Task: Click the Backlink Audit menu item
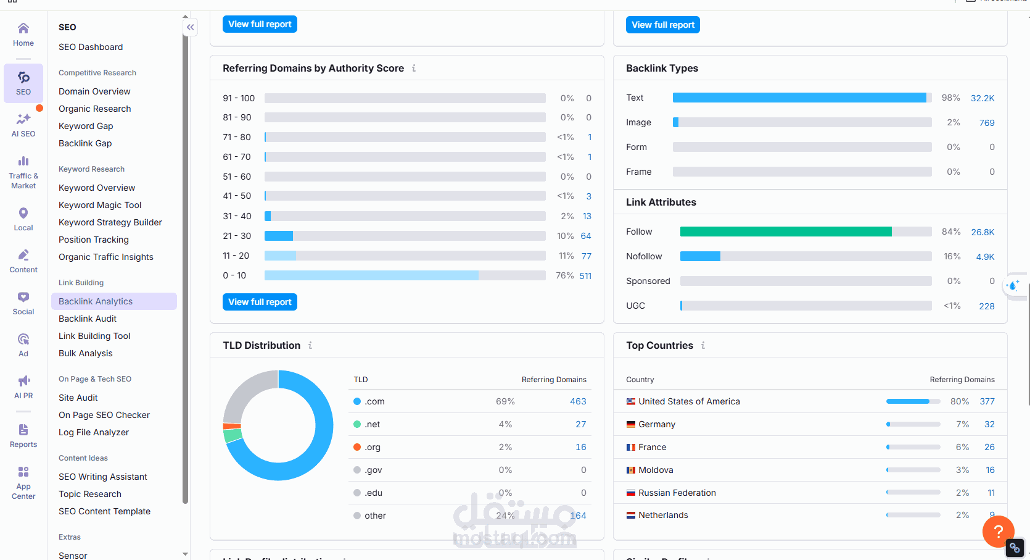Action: pyautogui.click(x=88, y=319)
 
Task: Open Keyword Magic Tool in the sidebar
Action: pyautogui.click(x=100, y=205)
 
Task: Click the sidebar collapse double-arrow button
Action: pyautogui.click(x=191, y=27)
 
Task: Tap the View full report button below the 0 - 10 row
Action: pyautogui.click(x=260, y=302)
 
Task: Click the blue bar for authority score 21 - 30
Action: pyautogui.click(x=279, y=236)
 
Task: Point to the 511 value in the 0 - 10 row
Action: pyautogui.click(x=585, y=275)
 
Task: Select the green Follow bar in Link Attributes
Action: pyautogui.click(x=786, y=232)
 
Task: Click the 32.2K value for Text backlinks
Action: pyautogui.click(x=983, y=98)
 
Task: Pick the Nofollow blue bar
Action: pyautogui.click(x=700, y=256)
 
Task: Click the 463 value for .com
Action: pyautogui.click(x=578, y=401)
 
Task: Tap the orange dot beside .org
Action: pyautogui.click(x=357, y=447)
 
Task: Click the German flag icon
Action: pyautogui.click(x=631, y=424)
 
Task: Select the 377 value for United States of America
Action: pyautogui.click(x=987, y=401)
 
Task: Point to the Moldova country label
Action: pyautogui.click(x=656, y=470)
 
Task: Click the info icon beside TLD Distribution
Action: pyautogui.click(x=310, y=345)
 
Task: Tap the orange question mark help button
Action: pyautogui.click(x=999, y=532)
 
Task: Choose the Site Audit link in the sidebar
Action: pyautogui.click(x=78, y=398)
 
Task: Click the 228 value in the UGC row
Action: pyautogui.click(x=987, y=306)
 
